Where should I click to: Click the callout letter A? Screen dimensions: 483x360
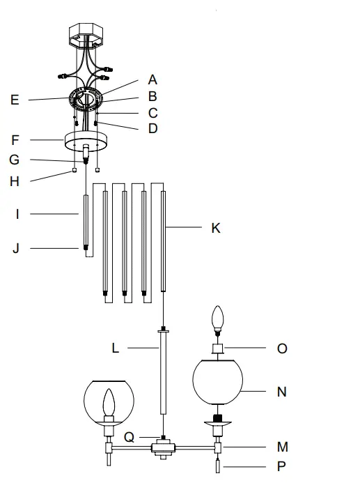(152, 80)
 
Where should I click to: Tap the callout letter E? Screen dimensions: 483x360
(15, 100)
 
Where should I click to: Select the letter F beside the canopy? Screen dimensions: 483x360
(15, 140)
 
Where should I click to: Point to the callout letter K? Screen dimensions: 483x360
(216, 227)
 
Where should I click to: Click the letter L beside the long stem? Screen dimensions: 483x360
(116, 348)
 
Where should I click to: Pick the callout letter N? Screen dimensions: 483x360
(282, 392)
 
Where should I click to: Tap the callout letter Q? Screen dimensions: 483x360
(130, 438)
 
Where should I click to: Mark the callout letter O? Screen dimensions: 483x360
(282, 348)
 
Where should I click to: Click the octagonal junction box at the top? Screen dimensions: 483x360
(86, 34)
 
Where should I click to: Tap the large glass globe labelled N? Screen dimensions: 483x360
(217, 381)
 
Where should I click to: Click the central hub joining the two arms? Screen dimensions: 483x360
(164, 447)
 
